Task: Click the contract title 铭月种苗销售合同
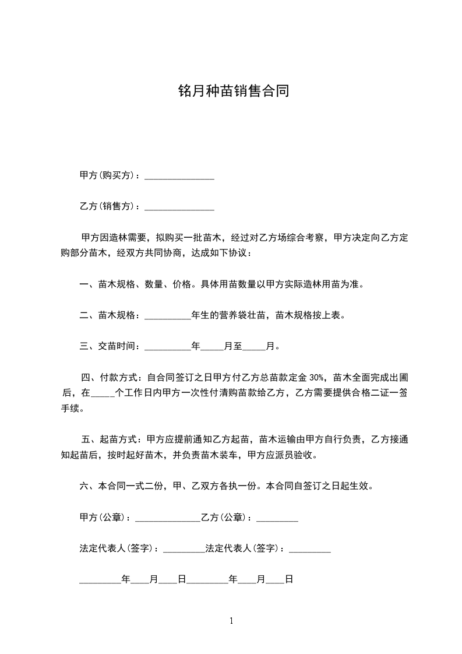233,92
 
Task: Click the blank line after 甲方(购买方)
179,175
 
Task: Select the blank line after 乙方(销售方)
179,206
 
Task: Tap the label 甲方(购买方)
108,175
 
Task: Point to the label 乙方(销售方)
108,206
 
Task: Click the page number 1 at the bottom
231,621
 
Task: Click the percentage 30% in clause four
322,378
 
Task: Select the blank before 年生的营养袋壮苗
167,316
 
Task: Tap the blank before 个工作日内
104,393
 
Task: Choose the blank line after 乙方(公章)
277,518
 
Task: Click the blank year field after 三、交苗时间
167,347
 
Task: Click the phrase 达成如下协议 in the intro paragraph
225,254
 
